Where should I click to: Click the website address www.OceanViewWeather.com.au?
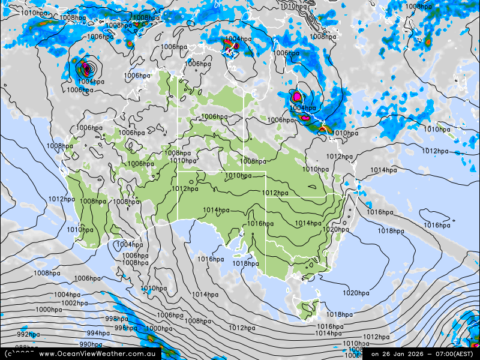coord(97,354)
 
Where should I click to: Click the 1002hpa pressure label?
coord(74,303)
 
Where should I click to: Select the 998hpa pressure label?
coord(116,319)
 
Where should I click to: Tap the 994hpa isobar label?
coord(98,333)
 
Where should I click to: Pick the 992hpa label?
coord(28,334)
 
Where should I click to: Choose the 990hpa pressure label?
coord(91,344)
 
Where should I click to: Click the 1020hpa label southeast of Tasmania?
coord(356,293)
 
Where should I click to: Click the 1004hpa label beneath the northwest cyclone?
coord(91,82)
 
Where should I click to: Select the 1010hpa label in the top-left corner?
coord(24,13)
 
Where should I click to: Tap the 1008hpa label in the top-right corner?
coord(418,7)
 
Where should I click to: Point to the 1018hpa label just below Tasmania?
coord(340,314)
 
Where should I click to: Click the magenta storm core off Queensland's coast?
coord(298,96)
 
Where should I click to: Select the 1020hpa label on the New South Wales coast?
coord(336,229)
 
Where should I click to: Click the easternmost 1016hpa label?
coord(437,225)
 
